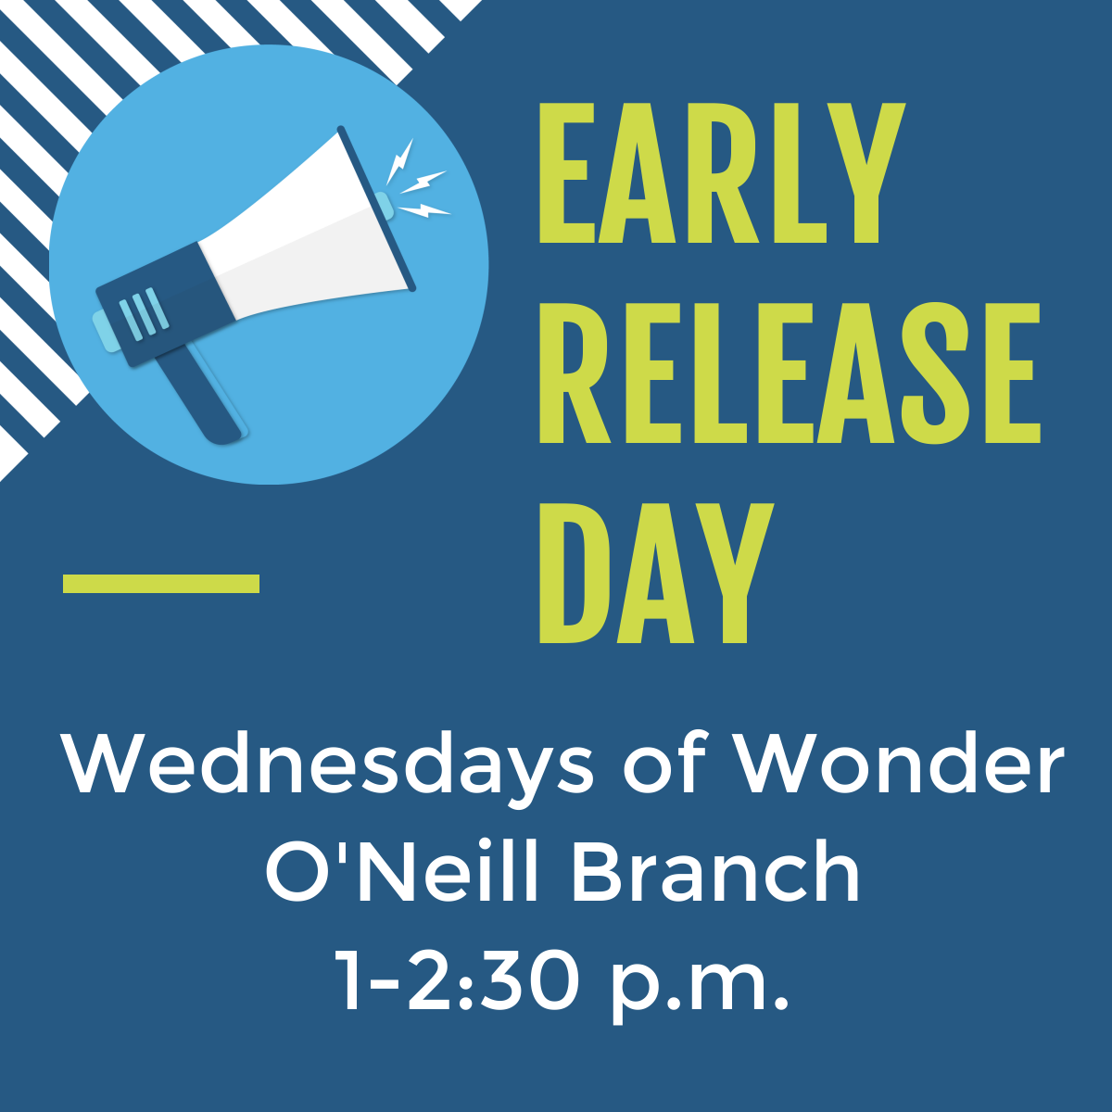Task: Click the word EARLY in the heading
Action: tap(721, 173)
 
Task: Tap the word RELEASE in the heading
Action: tap(790, 373)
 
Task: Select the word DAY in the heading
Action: tap(656, 573)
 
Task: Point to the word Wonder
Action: tap(902, 764)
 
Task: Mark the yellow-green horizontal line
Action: tap(161, 584)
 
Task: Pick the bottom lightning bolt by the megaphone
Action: tap(423, 210)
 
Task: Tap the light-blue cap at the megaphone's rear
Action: tap(107, 330)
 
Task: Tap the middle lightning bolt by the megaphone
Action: tap(423, 182)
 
